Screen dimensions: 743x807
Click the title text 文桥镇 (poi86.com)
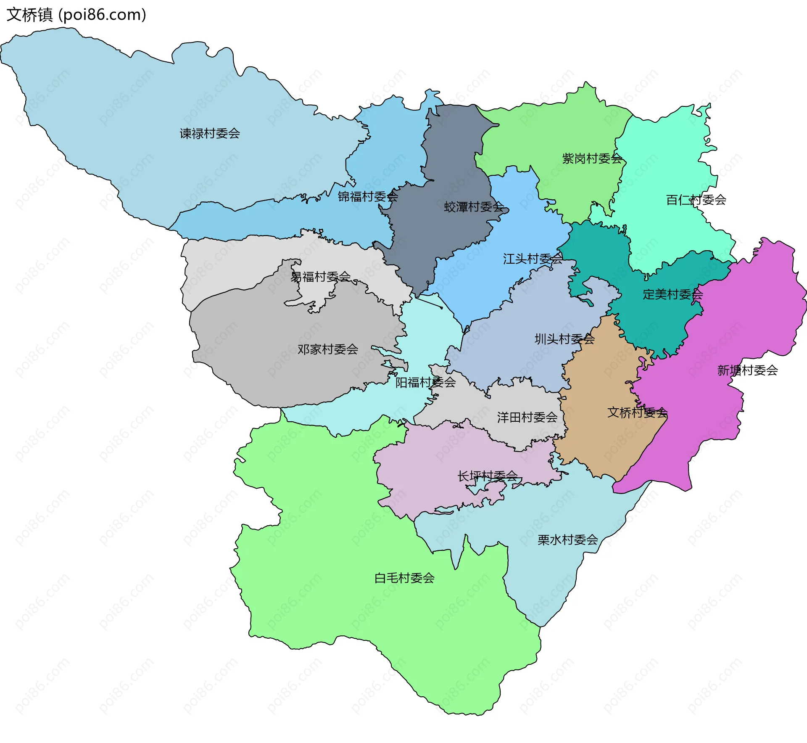click(x=76, y=15)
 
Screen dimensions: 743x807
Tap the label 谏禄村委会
click(x=210, y=134)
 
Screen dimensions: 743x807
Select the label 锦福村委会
click(x=368, y=196)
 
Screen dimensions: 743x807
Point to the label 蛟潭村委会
click(x=474, y=207)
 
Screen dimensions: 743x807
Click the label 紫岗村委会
click(x=592, y=159)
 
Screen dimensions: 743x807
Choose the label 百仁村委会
click(x=696, y=200)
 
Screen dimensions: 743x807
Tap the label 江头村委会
click(x=533, y=259)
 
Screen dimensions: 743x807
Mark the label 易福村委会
click(x=321, y=277)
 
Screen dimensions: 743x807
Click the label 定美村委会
click(x=672, y=294)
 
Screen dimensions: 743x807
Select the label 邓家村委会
click(x=328, y=349)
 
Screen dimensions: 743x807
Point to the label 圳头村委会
click(x=564, y=339)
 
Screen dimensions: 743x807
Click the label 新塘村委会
click(x=747, y=370)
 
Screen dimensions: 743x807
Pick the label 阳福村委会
click(x=425, y=382)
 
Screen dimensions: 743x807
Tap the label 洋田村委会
click(x=527, y=417)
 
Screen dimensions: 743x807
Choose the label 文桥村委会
click(x=637, y=412)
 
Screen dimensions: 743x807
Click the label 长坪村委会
click(x=488, y=476)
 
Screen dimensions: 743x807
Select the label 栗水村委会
click(x=567, y=540)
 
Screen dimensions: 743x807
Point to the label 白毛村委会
click(x=404, y=578)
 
